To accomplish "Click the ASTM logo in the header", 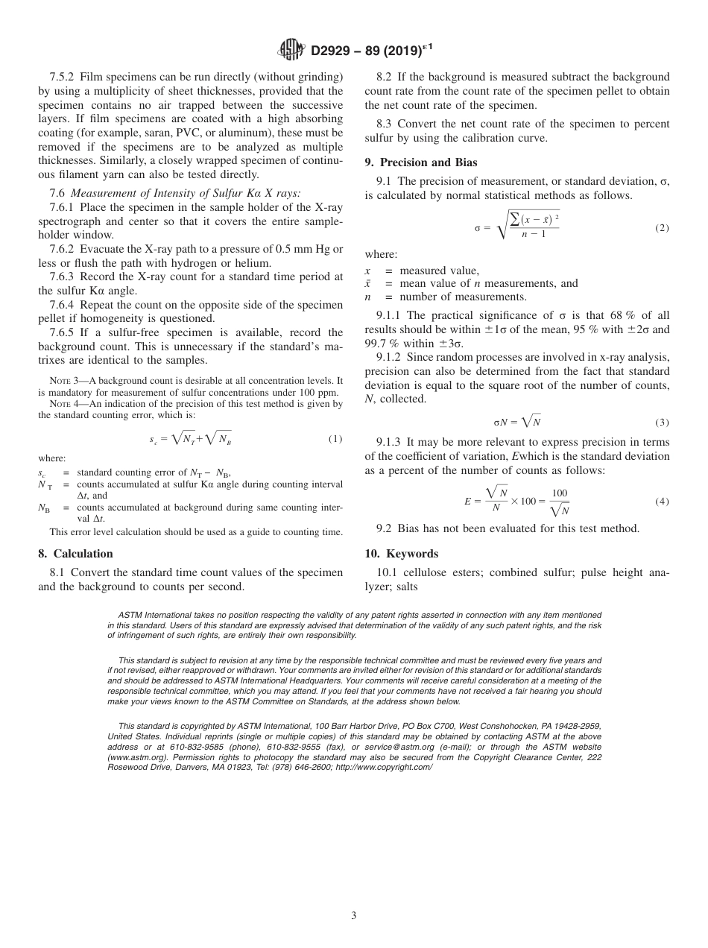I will (291, 50).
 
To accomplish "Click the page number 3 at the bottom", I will (354, 915).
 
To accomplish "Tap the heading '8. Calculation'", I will (75, 554).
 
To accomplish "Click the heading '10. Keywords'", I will (401, 554).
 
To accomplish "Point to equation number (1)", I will (335, 439).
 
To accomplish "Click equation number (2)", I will (662, 228).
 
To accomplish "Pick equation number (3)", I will (662, 422).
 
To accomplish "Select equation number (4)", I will (662, 502).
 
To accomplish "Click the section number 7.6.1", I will (63, 206).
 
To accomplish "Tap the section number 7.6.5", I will (63, 332).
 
